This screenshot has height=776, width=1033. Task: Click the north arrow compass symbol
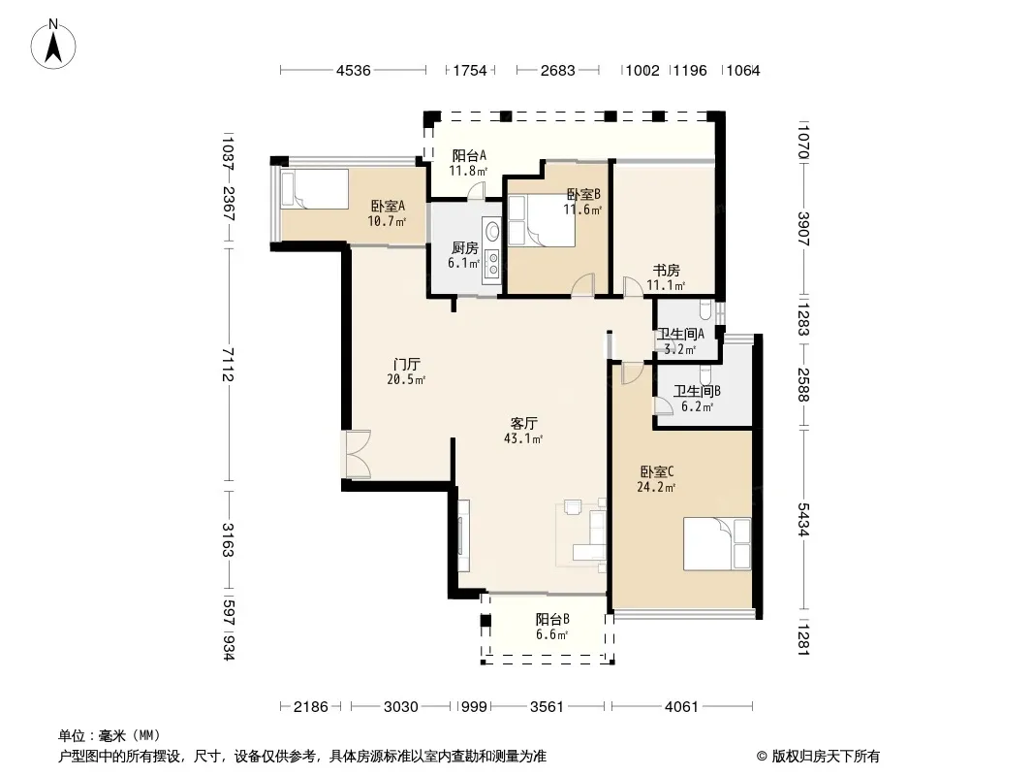click(x=53, y=45)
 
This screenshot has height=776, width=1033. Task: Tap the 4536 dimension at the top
click(x=353, y=71)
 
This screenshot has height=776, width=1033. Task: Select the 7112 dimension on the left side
click(x=228, y=365)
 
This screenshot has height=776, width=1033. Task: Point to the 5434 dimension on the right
click(x=803, y=520)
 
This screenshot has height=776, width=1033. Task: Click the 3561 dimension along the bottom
click(x=547, y=707)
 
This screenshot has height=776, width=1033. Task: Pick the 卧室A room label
click(x=388, y=207)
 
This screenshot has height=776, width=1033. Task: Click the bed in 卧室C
click(x=717, y=544)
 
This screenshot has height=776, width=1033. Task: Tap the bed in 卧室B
click(x=541, y=220)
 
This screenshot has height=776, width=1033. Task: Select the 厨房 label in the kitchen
click(x=464, y=248)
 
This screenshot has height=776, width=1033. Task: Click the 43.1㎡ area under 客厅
click(x=523, y=438)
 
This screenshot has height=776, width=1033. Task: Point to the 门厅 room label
click(x=406, y=365)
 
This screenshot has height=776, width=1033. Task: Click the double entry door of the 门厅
click(x=357, y=454)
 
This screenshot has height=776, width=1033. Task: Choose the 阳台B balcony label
click(x=552, y=620)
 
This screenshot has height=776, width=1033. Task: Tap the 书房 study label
click(x=666, y=271)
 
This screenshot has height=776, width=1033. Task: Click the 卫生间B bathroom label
click(x=697, y=391)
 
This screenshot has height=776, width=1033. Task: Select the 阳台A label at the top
click(x=469, y=156)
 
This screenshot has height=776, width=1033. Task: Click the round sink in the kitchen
click(x=491, y=232)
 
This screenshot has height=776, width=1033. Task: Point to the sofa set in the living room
click(x=581, y=533)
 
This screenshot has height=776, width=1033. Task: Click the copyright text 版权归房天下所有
click(x=826, y=757)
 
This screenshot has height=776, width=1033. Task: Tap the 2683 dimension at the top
click(x=558, y=71)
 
